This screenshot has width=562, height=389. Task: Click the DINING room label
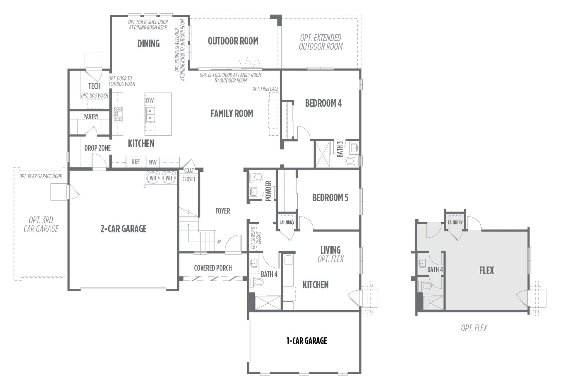click(x=148, y=44)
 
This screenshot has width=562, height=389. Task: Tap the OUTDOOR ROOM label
click(x=233, y=41)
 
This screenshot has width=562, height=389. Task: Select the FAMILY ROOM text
click(x=232, y=114)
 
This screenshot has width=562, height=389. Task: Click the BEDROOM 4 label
click(x=323, y=103)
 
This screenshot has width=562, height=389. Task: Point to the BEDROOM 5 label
click(x=330, y=198)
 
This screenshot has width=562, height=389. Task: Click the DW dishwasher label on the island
click(x=150, y=100)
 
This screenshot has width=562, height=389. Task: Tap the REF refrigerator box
click(x=136, y=162)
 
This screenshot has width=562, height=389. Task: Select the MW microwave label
click(x=153, y=162)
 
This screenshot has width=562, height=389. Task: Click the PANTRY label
click(x=91, y=117)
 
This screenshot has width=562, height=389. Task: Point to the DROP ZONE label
click(x=97, y=148)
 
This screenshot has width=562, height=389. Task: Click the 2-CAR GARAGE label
click(x=123, y=229)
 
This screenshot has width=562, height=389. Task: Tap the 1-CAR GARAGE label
click(x=307, y=341)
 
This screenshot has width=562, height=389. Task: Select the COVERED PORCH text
click(x=213, y=268)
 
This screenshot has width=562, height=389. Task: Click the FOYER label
click(x=223, y=211)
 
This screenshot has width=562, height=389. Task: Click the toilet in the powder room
click(x=256, y=177)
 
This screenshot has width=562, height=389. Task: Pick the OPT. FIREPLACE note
click(x=265, y=89)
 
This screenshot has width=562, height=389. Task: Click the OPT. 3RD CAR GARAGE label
click(x=41, y=224)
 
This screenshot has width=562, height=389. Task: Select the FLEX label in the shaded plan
click(x=486, y=270)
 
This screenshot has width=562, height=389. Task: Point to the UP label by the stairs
click(x=219, y=242)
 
